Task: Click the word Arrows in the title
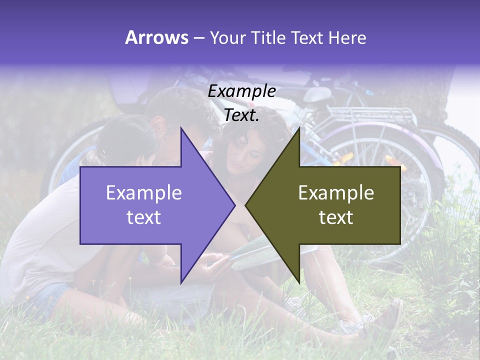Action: click(x=156, y=37)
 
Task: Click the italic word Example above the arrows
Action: click(x=242, y=91)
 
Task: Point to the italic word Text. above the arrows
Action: click(x=242, y=115)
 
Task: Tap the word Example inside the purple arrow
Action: click(x=144, y=193)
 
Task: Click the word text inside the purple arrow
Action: click(x=144, y=217)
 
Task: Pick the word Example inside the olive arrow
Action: click(x=336, y=193)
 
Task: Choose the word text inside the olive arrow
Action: click(x=336, y=217)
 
